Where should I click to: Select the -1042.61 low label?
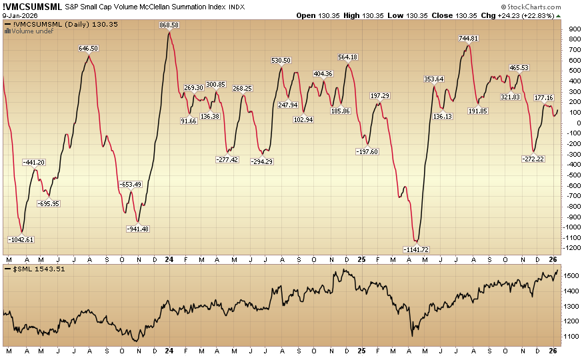21,239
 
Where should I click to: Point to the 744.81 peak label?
470,38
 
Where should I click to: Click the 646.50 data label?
89,48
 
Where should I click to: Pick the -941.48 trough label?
138,229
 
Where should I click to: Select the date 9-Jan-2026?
20,15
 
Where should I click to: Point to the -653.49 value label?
131,184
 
